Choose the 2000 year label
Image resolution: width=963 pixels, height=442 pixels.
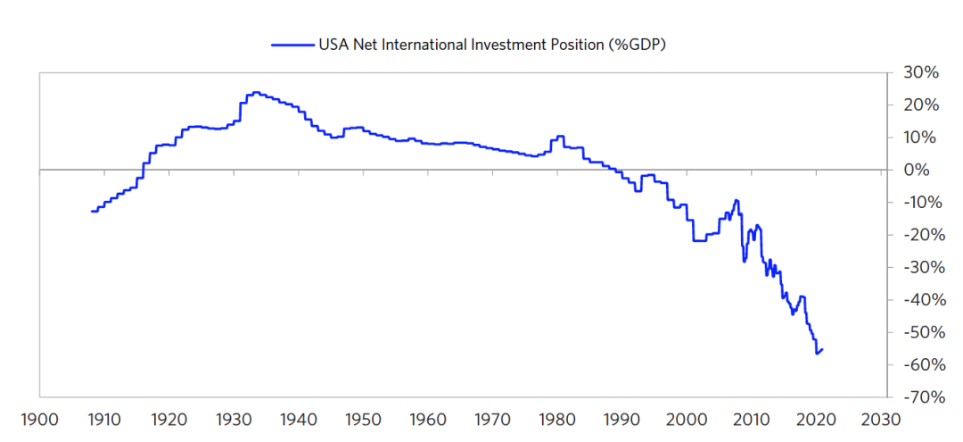[x=687, y=420]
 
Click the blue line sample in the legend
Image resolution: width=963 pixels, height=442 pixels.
[x=292, y=43]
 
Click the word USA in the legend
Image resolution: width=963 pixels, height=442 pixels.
[x=335, y=43]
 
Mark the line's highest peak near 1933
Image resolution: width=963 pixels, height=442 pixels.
[x=255, y=92]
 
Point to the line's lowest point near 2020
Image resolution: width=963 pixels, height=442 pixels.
[x=817, y=354]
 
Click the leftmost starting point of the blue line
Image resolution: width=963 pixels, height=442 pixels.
[x=92, y=212]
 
